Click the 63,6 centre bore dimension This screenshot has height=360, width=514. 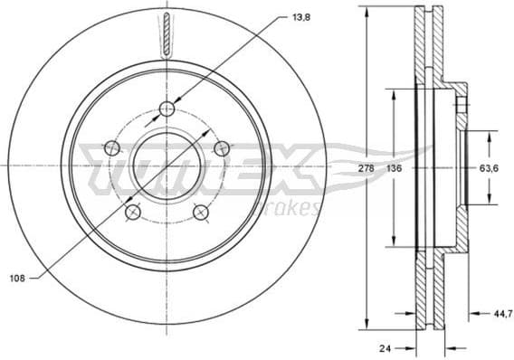[x=490, y=167]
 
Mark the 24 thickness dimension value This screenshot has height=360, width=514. [x=385, y=346]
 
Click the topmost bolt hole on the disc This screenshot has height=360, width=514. [x=167, y=109]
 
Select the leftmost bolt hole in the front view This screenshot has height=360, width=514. [x=112, y=147]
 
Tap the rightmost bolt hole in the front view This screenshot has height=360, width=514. [x=220, y=148]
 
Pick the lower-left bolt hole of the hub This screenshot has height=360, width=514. [x=133, y=212]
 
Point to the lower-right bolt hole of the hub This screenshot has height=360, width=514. [x=200, y=212]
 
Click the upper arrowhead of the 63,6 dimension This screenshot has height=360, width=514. [x=490, y=136]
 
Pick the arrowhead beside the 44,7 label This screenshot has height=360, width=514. [x=471, y=315]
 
